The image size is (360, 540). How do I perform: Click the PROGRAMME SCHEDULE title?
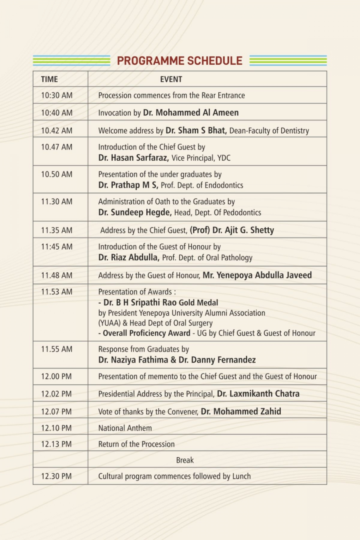tap(180, 61)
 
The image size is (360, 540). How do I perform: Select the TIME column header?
tap(49, 79)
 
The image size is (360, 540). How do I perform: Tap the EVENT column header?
tap(171, 79)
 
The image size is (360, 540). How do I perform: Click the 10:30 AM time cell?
tap(57, 95)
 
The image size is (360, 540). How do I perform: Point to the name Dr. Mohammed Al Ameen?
tap(191, 113)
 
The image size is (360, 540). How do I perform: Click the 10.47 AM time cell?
tap(57, 147)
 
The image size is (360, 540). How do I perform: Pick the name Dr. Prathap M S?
tap(128, 185)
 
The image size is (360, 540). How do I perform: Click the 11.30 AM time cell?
tap(57, 201)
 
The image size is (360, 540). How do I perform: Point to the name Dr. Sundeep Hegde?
tap(135, 212)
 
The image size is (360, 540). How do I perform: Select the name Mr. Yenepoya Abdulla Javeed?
tap(257, 275)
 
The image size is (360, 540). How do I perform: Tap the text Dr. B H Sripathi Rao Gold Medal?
tap(158, 303)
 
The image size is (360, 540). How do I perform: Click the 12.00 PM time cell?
tap(56, 376)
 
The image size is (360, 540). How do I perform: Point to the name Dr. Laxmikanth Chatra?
tap(258, 394)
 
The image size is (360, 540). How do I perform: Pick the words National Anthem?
tap(125, 428)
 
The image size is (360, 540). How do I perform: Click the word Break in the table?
tap(185, 460)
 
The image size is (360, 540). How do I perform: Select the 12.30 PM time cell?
tap(56, 476)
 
